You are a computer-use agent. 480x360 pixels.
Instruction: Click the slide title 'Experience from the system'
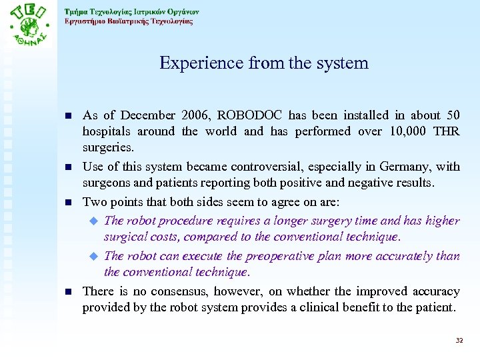pyautogui.click(x=263, y=63)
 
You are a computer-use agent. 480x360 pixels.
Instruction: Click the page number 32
pyautogui.click(x=459, y=341)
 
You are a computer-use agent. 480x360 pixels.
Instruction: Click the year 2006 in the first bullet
pyautogui.click(x=194, y=115)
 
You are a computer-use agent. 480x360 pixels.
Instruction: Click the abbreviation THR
pyautogui.click(x=445, y=131)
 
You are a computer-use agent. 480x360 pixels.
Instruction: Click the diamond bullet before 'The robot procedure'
pyautogui.click(x=94, y=221)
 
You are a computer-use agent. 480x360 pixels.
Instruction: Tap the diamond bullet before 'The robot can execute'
pyautogui.click(x=94, y=256)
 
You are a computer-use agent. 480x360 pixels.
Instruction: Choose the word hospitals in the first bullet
pyautogui.click(x=107, y=131)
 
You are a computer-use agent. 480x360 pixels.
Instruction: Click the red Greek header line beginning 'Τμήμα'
pyautogui.click(x=131, y=11)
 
